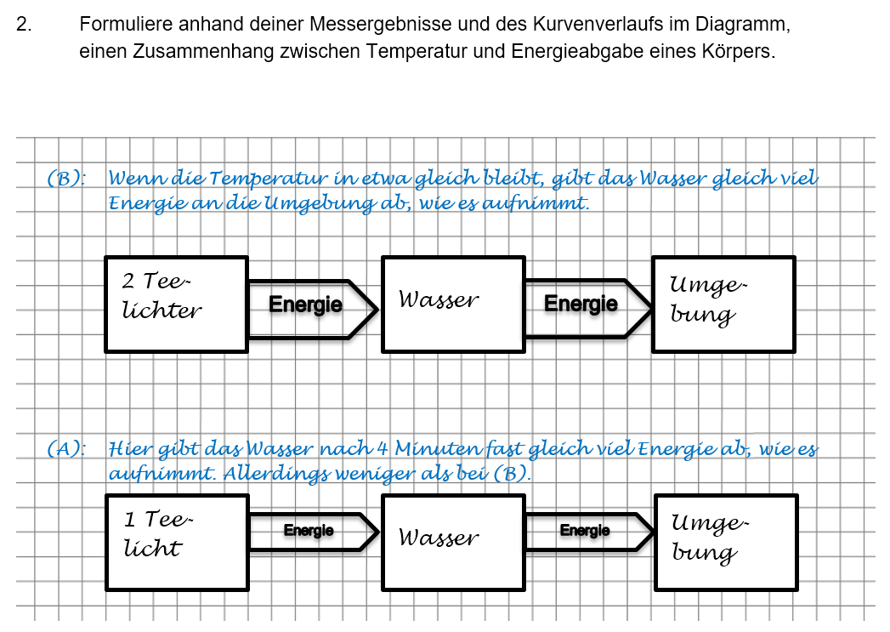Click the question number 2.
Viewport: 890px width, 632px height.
(24, 26)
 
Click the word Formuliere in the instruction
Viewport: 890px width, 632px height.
(120, 26)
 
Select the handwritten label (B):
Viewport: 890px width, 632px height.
(68, 179)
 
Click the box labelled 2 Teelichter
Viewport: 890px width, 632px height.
(176, 304)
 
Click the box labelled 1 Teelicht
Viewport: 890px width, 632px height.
(177, 542)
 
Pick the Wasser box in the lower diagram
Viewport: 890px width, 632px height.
(452, 542)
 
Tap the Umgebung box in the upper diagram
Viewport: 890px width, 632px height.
(723, 304)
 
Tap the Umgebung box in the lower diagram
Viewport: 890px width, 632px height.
(726, 542)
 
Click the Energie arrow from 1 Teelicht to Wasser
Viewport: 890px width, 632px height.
(311, 532)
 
